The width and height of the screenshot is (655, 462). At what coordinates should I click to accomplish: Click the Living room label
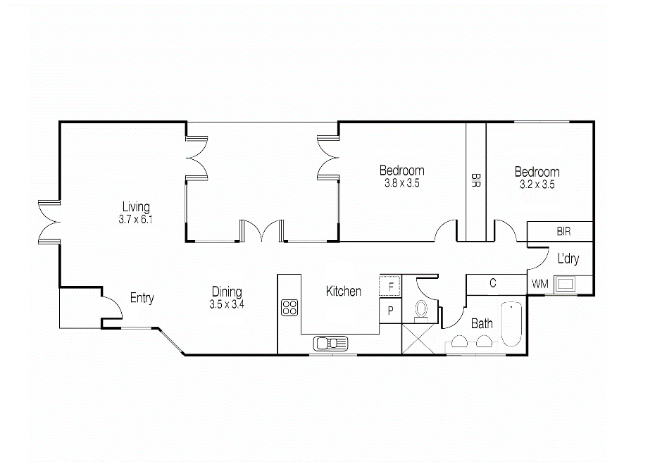point(136,207)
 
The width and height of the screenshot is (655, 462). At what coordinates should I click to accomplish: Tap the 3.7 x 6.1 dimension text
point(135,219)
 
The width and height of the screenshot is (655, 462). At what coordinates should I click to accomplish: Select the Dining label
point(227,292)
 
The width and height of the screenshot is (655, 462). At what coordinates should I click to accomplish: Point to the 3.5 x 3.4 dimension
point(227,304)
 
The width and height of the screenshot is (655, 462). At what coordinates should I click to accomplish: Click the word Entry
point(142,298)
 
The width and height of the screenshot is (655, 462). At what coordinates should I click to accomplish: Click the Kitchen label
point(344,291)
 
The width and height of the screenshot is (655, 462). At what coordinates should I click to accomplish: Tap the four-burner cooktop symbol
point(289,308)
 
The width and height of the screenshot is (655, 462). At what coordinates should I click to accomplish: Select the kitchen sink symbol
point(330,344)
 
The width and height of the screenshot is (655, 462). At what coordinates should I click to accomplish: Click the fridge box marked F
point(390,286)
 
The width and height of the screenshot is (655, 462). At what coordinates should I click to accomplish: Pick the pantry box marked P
point(390,311)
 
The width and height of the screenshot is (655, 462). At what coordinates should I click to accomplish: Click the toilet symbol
point(421,311)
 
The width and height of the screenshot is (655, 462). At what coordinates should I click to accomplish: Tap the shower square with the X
point(418,339)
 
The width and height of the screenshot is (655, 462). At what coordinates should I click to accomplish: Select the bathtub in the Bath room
point(511,324)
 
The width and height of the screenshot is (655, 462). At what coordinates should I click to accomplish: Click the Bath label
point(482,323)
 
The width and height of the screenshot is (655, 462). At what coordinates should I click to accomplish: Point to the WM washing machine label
point(539,284)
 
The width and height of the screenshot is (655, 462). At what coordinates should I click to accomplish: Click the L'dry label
point(568,258)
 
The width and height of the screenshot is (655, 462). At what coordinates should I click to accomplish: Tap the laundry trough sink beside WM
point(566,285)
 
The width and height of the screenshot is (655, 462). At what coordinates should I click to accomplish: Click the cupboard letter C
point(493,283)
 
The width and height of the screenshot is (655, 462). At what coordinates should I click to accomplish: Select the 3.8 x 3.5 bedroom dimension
point(402,183)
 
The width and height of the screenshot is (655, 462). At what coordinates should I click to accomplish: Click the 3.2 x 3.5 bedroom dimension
point(537,185)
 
